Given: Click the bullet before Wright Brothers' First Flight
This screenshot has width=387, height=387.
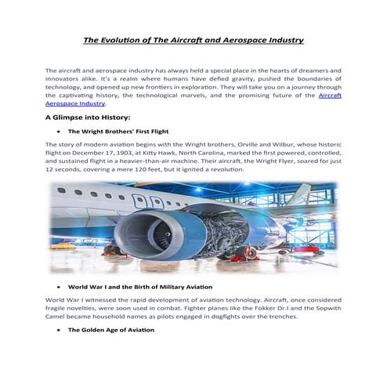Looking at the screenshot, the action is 59,132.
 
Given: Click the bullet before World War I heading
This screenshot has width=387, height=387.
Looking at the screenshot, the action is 59,288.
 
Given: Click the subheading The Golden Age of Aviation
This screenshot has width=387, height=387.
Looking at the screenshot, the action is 111,331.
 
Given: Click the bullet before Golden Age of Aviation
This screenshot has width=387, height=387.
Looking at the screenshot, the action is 59,331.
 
